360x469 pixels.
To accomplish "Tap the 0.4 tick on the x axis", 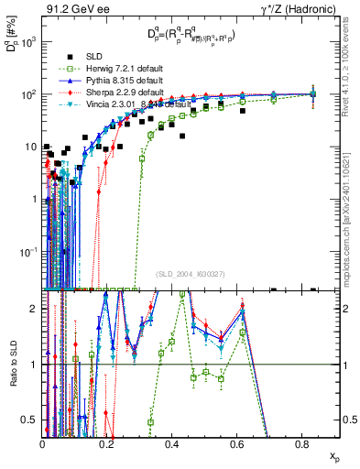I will (x=172, y=445).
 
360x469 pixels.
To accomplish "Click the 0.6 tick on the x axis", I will (x=237, y=445).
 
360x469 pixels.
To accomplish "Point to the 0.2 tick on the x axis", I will (x=107, y=445).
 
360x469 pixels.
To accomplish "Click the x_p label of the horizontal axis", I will (x=333, y=455).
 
